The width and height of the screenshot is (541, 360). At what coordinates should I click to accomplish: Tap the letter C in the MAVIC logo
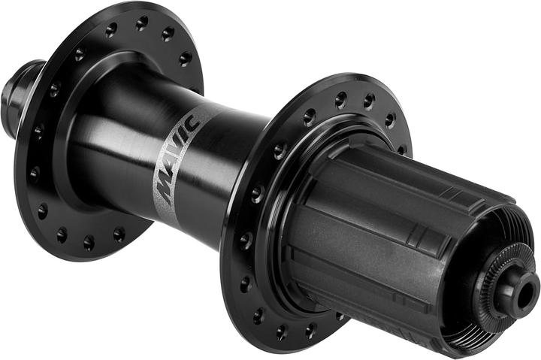pos(192,123)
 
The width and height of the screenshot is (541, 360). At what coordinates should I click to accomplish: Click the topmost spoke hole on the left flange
pos(142,23)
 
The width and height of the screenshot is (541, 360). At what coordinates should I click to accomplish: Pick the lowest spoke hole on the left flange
pos(89,243)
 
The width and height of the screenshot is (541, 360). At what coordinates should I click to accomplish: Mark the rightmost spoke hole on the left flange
pos(186,59)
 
